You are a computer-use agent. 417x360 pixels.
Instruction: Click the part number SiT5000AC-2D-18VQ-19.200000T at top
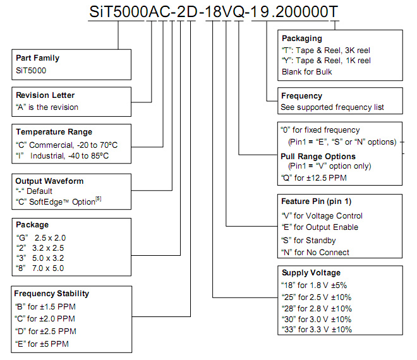point(214,12)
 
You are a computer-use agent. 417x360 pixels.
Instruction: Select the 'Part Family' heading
point(37,58)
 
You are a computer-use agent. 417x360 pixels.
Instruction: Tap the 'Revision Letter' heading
point(45,95)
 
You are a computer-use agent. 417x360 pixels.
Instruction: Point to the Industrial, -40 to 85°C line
point(62,156)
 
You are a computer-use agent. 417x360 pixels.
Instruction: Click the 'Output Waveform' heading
point(49,181)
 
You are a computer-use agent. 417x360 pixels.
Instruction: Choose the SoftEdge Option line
point(59,201)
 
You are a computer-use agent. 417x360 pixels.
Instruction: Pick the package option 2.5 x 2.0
point(41,237)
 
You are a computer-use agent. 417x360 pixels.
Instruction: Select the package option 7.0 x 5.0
point(40,268)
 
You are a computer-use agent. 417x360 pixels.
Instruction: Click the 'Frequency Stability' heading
point(52,294)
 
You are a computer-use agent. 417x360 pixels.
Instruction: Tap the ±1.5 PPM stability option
point(45,307)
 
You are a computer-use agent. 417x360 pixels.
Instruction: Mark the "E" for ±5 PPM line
point(42,344)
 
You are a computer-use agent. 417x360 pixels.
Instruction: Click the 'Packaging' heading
point(302,39)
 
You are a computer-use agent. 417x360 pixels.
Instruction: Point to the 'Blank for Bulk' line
point(307,72)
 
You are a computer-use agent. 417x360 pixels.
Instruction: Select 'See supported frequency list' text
point(332,107)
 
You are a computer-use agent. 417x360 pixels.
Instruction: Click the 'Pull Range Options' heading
point(318,157)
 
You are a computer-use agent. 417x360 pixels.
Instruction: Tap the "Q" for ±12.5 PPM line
point(314,178)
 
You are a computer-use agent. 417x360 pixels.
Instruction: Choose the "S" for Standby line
point(309,241)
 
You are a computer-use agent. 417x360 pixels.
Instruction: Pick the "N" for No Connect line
point(315,253)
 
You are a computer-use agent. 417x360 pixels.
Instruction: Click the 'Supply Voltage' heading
point(311,273)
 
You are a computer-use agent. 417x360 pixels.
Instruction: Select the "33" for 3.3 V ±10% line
point(317,330)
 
